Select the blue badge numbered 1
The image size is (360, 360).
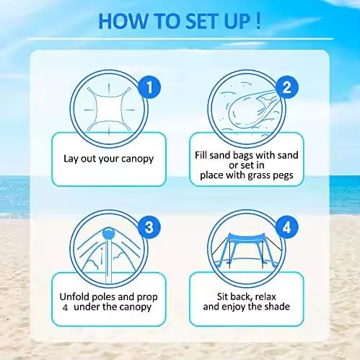[x=149, y=87]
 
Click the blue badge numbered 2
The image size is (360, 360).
[x=286, y=87]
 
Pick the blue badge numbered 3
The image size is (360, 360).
[x=149, y=227]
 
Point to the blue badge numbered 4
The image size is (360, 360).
[x=286, y=227]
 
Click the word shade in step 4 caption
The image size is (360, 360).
[x=278, y=307]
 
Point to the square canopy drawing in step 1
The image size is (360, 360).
[x=109, y=109]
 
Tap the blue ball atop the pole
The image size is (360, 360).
[x=109, y=233]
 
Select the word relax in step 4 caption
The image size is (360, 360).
[x=265, y=297]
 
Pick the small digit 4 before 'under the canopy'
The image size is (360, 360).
[x=65, y=307]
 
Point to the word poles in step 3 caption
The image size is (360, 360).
[x=104, y=297]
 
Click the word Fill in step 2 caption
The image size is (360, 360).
[x=201, y=155]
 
